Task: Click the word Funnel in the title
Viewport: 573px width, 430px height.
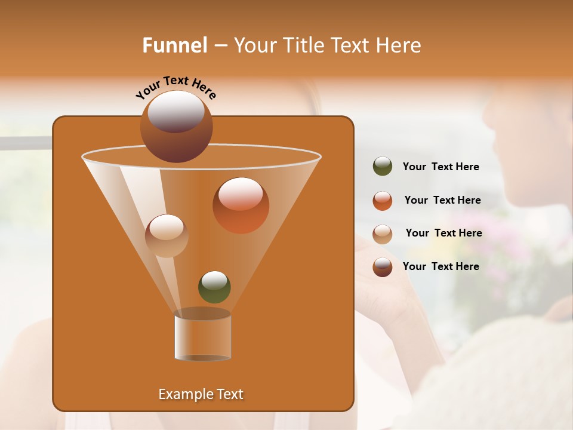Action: click(174, 45)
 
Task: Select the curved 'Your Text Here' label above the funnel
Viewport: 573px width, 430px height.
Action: click(175, 86)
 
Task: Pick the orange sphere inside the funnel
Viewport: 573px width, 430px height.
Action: click(241, 205)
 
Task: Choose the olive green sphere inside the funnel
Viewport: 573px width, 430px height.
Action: click(214, 287)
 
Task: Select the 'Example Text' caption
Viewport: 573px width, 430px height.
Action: click(201, 394)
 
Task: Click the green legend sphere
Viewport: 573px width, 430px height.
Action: click(383, 167)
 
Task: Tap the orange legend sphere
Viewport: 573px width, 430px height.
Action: click(383, 201)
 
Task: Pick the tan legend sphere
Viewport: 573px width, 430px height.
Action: click(383, 234)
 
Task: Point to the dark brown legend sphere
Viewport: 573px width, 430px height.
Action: click(383, 267)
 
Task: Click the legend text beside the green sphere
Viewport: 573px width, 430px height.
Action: click(440, 167)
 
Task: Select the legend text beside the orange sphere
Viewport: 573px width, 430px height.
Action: click(442, 201)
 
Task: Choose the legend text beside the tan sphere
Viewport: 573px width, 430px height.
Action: click(443, 234)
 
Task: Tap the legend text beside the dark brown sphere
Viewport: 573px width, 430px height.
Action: click(440, 267)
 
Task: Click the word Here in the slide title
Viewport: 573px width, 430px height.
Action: click(399, 45)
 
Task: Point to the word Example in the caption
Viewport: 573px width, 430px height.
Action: click(184, 394)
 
